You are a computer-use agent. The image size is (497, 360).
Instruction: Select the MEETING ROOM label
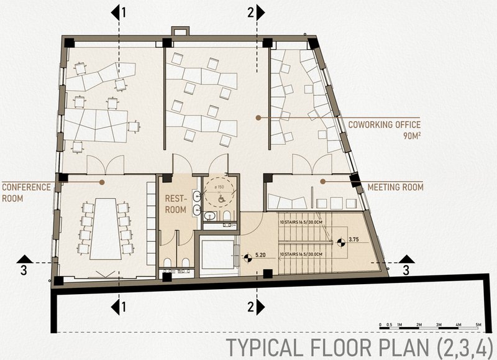click(395, 187)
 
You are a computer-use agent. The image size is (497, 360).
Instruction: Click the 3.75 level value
click(355, 239)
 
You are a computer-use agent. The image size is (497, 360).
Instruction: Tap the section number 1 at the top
click(124, 12)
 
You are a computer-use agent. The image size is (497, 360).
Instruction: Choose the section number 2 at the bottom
click(250, 306)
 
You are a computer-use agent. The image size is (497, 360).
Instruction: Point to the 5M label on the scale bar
click(477, 325)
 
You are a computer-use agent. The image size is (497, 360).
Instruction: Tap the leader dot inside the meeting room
click(322, 181)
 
